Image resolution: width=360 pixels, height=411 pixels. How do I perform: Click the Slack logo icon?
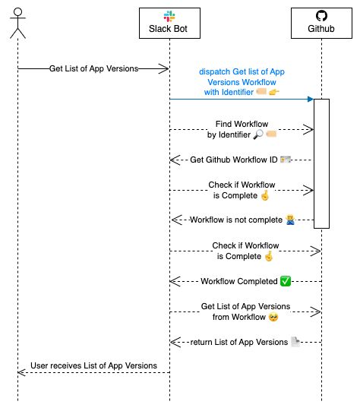pyautogui.click(x=169, y=16)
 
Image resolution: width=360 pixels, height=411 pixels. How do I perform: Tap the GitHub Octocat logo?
pyautogui.click(x=321, y=16)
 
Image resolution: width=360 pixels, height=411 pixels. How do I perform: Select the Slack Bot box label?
pyautogui.click(x=169, y=30)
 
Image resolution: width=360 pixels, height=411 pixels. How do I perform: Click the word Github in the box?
pyautogui.click(x=321, y=30)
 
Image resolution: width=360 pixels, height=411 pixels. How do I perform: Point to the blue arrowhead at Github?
pyautogui.click(x=310, y=99)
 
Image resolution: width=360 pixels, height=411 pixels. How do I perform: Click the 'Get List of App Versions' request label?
pyautogui.click(x=93, y=68)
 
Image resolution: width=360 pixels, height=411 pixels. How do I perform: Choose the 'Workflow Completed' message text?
pyautogui.click(x=238, y=281)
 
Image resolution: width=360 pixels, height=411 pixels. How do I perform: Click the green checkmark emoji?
pyautogui.click(x=285, y=281)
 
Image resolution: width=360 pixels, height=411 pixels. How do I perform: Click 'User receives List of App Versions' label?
pyautogui.click(x=93, y=366)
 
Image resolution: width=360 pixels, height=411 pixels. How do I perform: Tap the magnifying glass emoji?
pyautogui.click(x=257, y=134)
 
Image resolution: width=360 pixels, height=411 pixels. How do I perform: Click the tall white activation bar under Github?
pyautogui.click(x=321, y=163)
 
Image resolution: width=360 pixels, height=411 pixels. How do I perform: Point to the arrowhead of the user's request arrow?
pyautogui.click(x=163, y=68)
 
